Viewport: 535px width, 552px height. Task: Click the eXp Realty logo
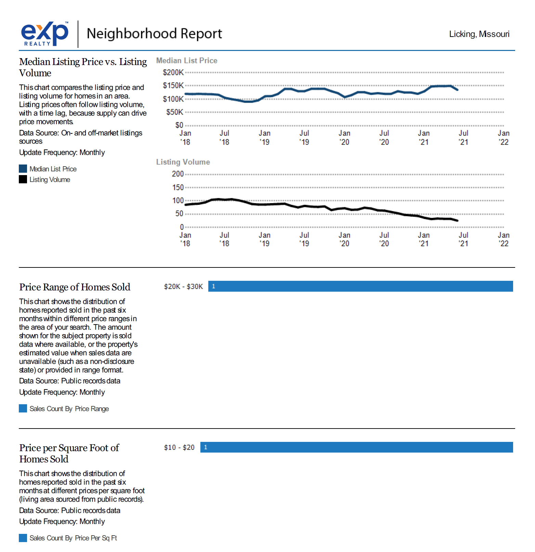pyautogui.click(x=45, y=34)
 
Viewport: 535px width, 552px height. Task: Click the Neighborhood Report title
pyautogui.click(x=154, y=34)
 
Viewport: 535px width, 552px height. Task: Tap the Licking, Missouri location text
pyautogui.click(x=479, y=34)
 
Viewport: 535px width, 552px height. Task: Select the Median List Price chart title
pyautogui.click(x=186, y=61)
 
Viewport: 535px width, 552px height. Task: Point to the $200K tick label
pyautogui.click(x=173, y=73)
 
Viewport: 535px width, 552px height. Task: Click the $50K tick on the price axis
pyautogui.click(x=174, y=112)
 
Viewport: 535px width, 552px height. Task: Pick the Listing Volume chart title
pyautogui.click(x=183, y=162)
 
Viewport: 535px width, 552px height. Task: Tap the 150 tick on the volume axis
pyautogui.click(x=178, y=187)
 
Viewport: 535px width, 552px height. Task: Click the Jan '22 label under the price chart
pyautogui.click(x=504, y=137)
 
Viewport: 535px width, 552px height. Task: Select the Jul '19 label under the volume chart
pyautogui.click(x=304, y=239)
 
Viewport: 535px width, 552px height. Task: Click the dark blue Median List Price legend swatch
pyautogui.click(x=23, y=169)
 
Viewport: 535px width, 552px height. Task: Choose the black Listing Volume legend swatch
pyautogui.click(x=23, y=179)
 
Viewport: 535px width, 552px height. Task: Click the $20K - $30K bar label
pyautogui.click(x=183, y=287)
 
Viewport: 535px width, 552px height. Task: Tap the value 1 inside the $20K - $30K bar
pyautogui.click(x=213, y=286)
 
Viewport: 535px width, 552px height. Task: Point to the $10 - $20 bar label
pyautogui.click(x=179, y=447)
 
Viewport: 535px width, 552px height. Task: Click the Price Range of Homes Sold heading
pyautogui.click(x=75, y=287)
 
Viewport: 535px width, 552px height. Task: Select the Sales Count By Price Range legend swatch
pyautogui.click(x=23, y=408)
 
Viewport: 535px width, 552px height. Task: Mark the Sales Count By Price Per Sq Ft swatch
pyautogui.click(x=23, y=538)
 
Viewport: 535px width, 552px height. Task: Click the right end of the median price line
pyautogui.click(x=457, y=90)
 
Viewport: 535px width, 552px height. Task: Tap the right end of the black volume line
pyautogui.click(x=457, y=221)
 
